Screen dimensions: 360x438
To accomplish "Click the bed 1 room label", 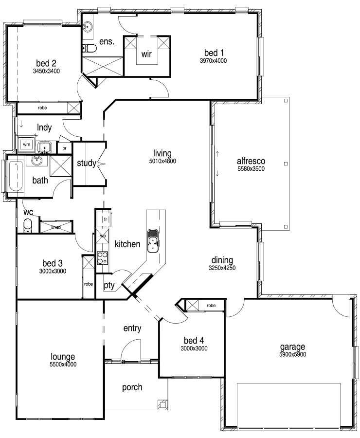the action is [214, 53].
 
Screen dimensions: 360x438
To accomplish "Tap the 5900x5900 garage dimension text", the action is [293, 354].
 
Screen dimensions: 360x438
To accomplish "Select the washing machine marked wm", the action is [27, 145].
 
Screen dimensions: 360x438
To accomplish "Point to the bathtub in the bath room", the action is [16, 176].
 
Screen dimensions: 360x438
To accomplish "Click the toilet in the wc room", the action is [27, 225].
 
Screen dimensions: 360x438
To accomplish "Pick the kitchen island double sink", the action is [153, 240].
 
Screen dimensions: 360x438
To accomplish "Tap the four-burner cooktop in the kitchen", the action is [102, 258].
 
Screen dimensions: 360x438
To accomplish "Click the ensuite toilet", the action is [90, 49].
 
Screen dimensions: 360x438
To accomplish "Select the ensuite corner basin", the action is [88, 27].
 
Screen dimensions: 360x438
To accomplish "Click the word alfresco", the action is [251, 161].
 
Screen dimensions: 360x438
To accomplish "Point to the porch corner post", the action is [162, 404].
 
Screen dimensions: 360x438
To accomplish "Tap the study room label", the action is [87, 163].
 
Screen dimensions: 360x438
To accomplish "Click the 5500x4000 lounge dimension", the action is [63, 364].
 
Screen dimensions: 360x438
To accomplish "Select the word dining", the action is [222, 260].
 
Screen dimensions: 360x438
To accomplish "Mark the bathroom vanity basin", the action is [36, 161].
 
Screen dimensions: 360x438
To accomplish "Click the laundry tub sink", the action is [44, 147].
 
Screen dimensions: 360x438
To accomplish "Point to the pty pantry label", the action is [109, 286].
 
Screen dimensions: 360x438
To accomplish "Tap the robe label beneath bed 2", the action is [42, 108].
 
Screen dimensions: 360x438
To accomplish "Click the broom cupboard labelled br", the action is [65, 148].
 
